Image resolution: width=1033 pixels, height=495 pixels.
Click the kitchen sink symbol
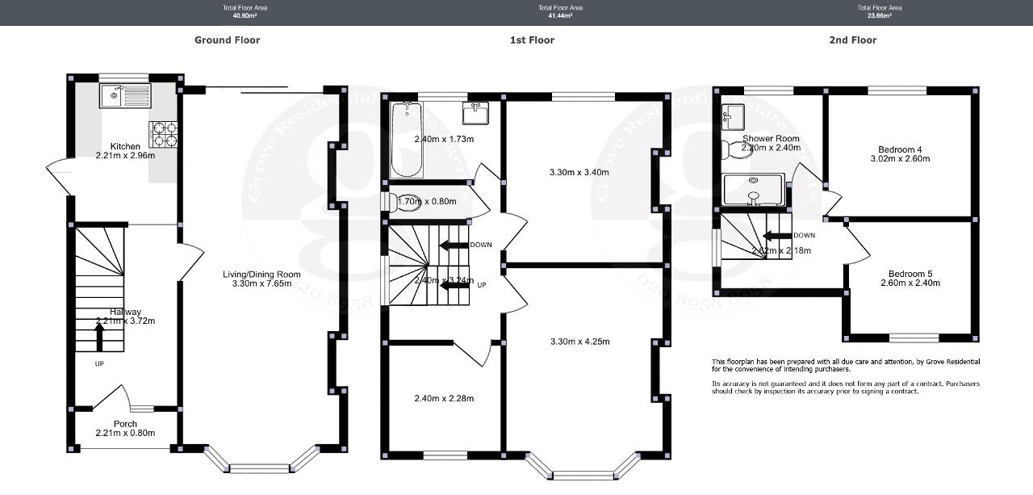click(124, 96)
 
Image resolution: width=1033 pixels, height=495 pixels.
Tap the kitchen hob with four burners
click(163, 133)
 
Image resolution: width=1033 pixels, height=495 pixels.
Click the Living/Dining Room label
click(256, 275)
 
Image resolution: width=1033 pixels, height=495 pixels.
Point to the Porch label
click(124, 424)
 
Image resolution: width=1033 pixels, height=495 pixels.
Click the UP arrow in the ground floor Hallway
click(99, 337)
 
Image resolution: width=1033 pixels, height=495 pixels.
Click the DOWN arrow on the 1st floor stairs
click(454, 245)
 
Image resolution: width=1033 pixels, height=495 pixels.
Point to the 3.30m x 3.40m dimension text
click(579, 172)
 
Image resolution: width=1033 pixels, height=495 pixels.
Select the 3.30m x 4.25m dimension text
click(579, 342)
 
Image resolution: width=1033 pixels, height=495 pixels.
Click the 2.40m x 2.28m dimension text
click(444, 398)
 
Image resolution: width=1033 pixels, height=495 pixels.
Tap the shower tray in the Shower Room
click(754, 190)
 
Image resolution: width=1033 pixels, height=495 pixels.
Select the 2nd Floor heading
click(852, 40)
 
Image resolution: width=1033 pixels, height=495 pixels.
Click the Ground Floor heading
click(227, 40)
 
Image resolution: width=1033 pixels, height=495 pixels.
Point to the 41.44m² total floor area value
click(560, 15)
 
